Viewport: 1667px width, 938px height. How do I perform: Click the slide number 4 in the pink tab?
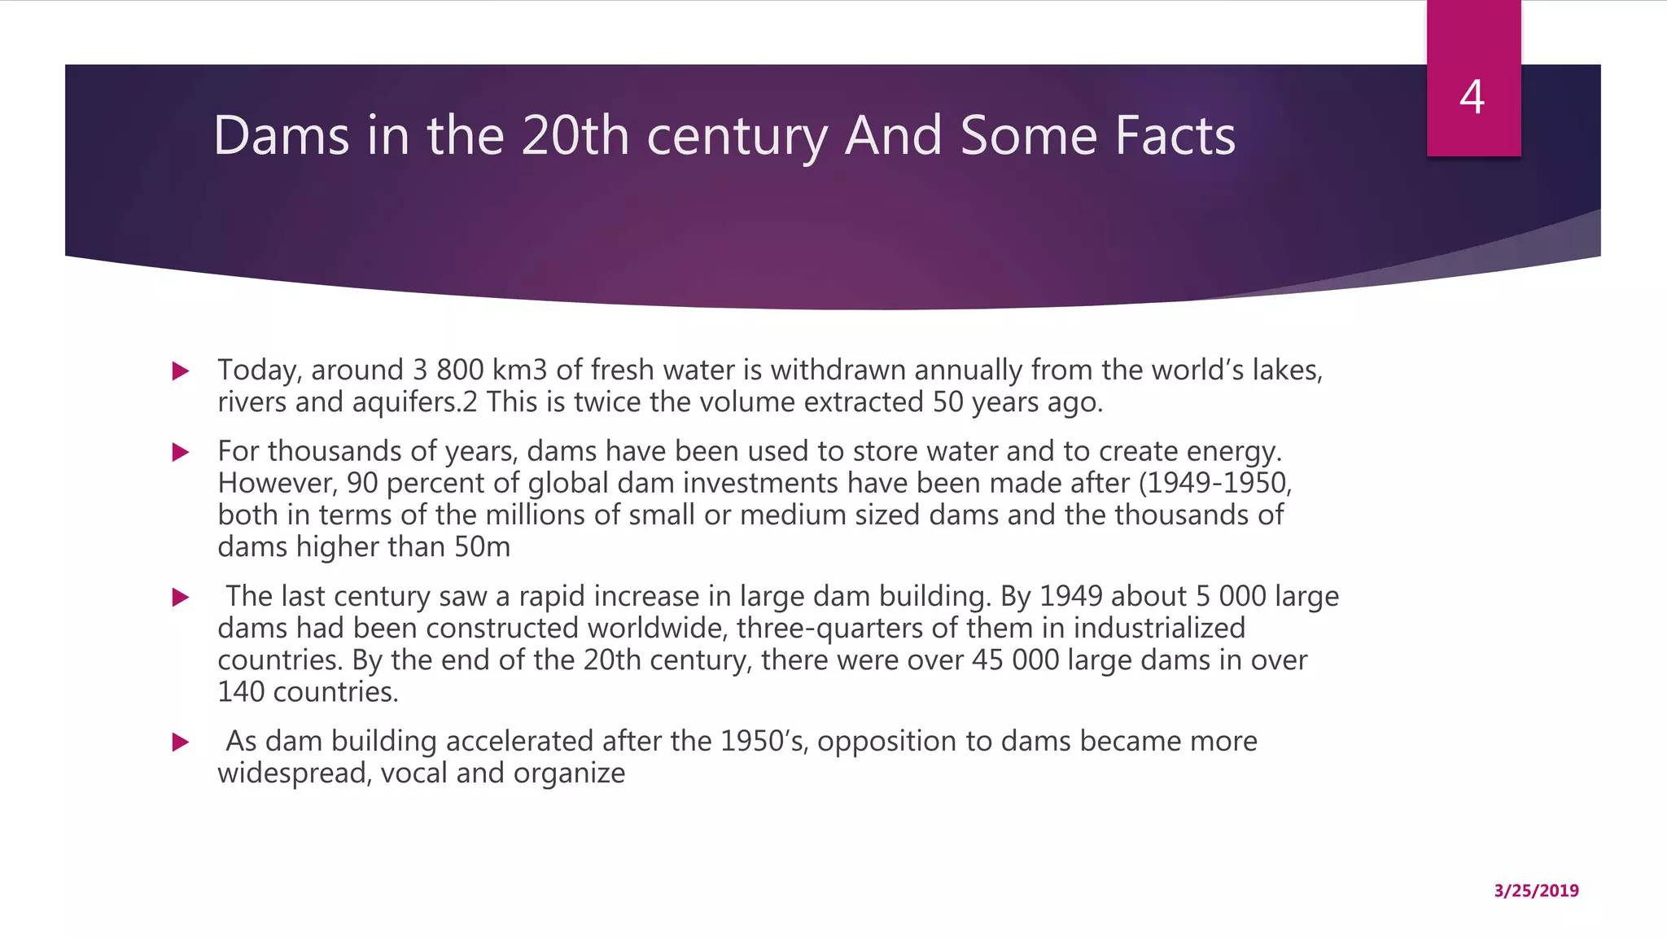tap(1472, 98)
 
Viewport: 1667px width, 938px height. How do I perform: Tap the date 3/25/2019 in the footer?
tap(1536, 891)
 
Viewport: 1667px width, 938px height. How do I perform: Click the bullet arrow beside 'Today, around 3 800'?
tap(181, 372)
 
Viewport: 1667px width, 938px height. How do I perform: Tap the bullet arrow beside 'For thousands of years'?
tap(181, 453)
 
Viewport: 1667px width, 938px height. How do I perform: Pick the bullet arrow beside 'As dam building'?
tap(181, 743)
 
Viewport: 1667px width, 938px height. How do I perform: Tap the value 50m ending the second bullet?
tap(482, 547)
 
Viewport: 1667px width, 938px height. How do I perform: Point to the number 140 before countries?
tap(241, 692)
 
